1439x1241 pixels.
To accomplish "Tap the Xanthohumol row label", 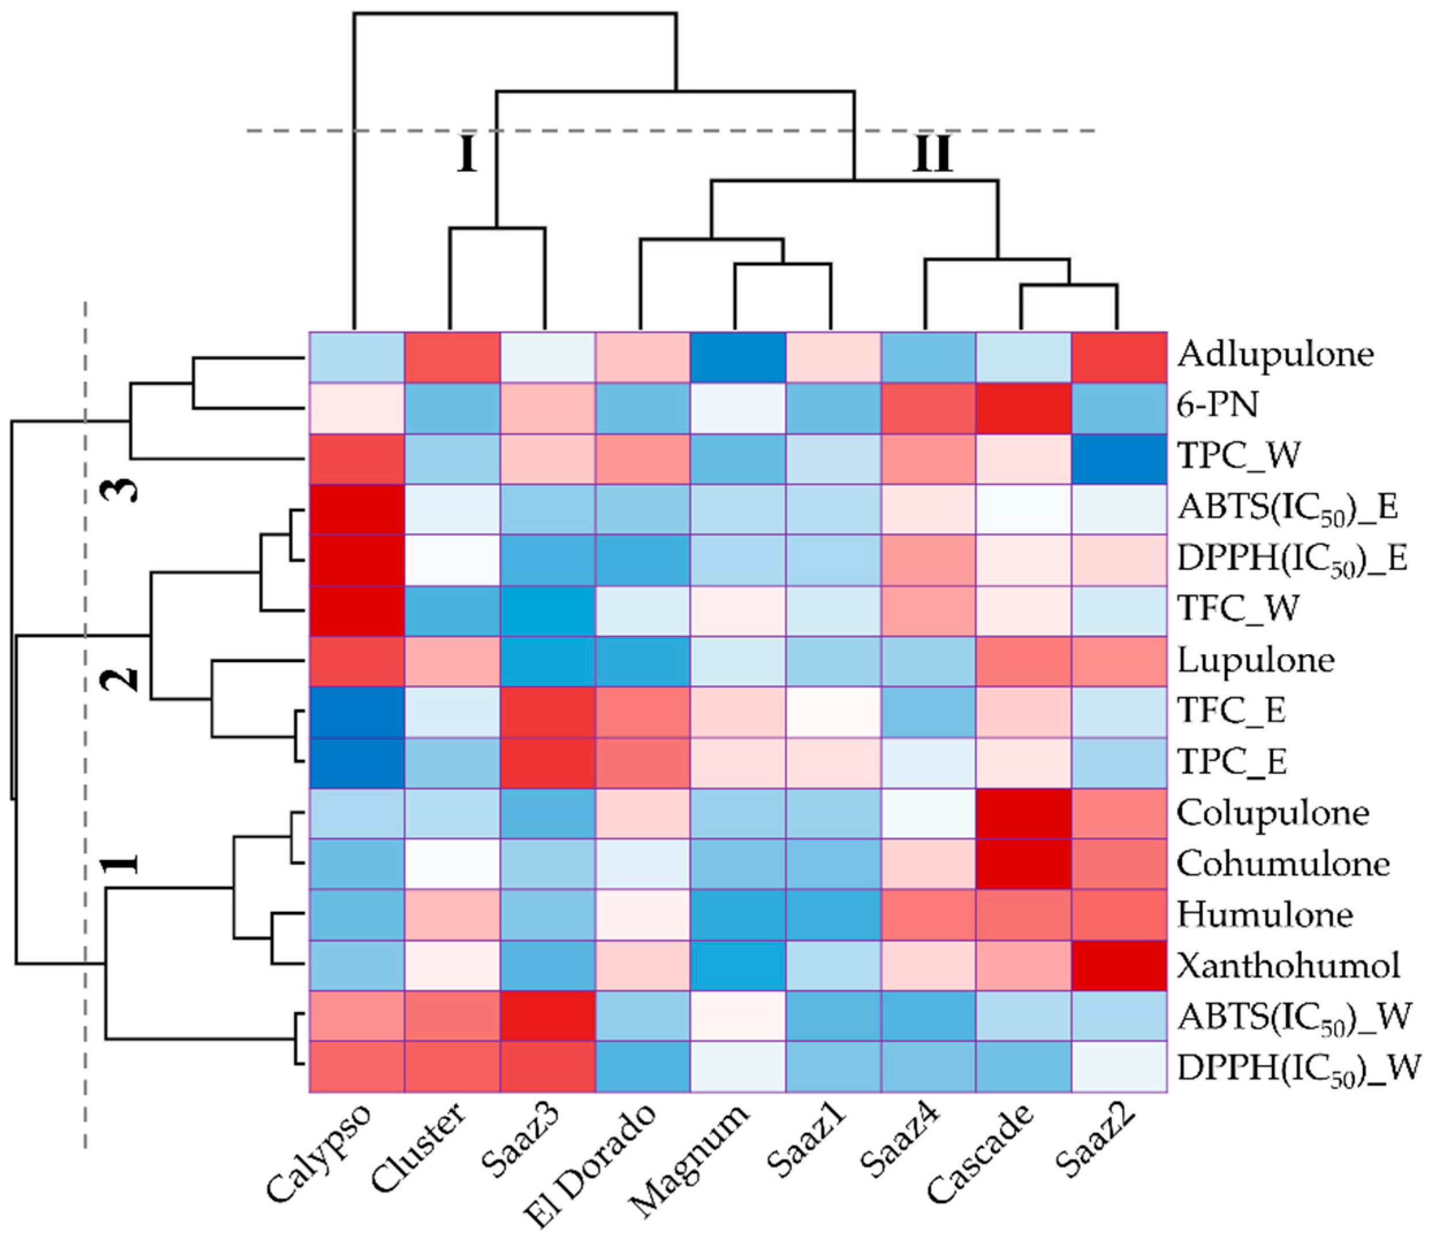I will [1288, 965].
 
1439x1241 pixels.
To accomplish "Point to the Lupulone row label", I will [1256, 660].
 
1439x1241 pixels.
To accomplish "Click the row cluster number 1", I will [121, 864].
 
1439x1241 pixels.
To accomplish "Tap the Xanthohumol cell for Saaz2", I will [1118, 965].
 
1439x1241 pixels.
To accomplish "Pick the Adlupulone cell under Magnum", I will [738, 357].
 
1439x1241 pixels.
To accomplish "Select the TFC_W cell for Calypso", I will [356, 611].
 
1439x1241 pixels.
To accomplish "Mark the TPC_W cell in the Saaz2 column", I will [1118, 458].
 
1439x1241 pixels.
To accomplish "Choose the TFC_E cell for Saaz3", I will [547, 712].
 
